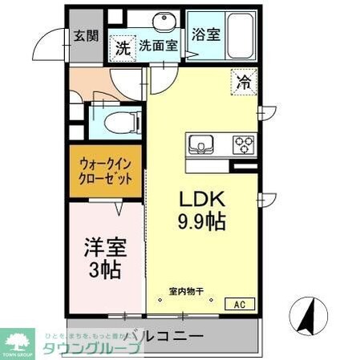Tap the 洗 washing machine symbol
coord(123,48)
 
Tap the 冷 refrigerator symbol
coord(244,81)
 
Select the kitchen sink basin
coord(201,145)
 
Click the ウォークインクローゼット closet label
coord(105,172)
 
